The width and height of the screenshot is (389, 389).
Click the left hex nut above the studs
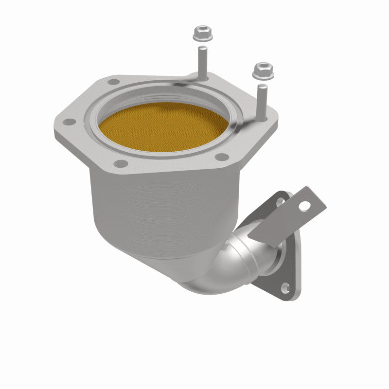200,34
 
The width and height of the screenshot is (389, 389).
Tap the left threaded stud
201,61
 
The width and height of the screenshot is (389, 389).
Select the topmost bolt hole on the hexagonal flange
114,82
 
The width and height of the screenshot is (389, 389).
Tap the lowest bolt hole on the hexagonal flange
122,163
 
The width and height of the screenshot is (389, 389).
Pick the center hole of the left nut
200,32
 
